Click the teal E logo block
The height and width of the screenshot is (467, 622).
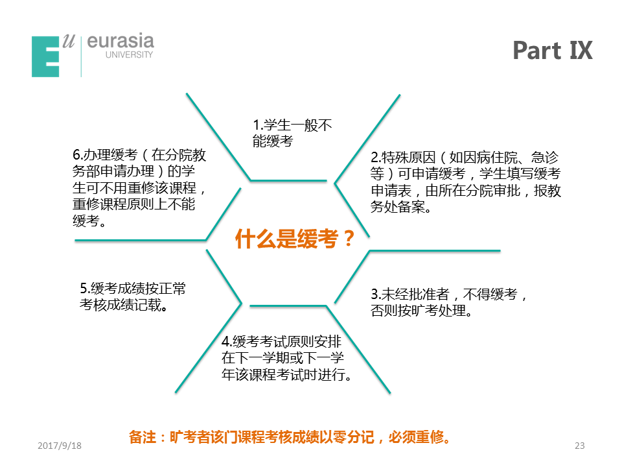[45, 56]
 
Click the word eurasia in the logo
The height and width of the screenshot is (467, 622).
[121, 42]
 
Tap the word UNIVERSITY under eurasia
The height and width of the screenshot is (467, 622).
[129, 54]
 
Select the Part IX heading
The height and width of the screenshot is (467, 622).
[553, 50]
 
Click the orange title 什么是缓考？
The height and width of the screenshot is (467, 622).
[295, 239]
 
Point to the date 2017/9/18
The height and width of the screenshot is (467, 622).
[60, 446]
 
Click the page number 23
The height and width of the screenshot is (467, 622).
[579, 446]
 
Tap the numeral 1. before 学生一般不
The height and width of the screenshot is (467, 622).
[258, 125]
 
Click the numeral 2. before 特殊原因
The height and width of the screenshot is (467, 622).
[376, 158]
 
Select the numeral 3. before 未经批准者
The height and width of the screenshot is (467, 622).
[376, 294]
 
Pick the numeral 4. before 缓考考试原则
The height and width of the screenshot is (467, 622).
[227, 342]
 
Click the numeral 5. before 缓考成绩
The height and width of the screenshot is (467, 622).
[85, 288]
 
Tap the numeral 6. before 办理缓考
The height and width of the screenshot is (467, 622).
[78, 155]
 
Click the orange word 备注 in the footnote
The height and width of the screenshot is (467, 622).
[143, 437]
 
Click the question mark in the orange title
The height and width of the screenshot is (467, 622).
[349, 239]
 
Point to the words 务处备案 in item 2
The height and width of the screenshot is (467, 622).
[397, 207]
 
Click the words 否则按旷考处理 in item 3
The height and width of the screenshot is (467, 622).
[418, 311]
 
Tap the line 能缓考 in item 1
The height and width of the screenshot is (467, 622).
[273, 141]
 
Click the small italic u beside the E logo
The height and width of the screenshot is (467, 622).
[68, 42]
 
